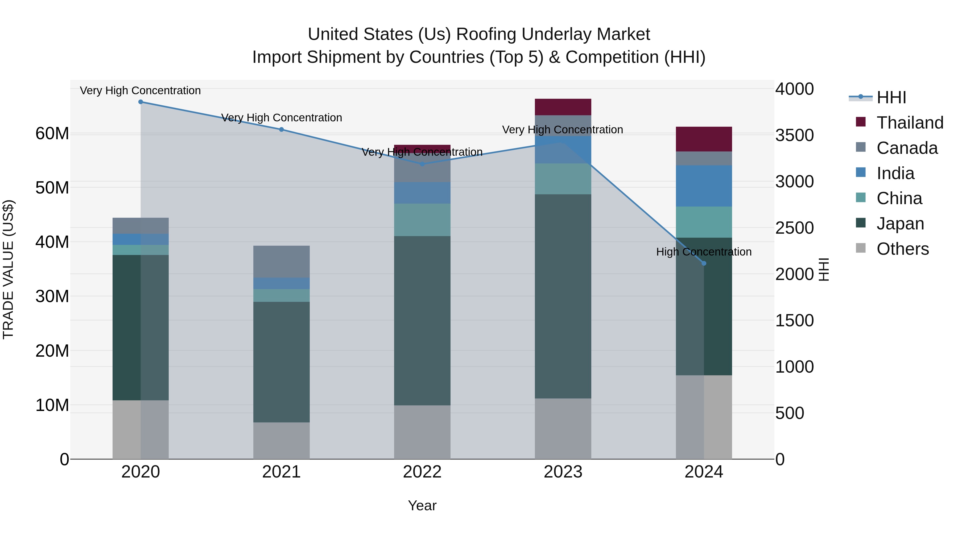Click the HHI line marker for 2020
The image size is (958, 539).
coord(141,102)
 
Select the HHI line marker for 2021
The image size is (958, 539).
coord(282,129)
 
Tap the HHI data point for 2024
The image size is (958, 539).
coord(704,263)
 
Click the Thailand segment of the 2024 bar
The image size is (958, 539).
coord(704,139)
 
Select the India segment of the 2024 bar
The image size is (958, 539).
coord(704,186)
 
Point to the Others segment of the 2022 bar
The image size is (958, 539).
coord(422,432)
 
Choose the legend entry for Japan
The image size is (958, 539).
coord(900,224)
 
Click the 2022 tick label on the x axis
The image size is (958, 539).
coord(422,472)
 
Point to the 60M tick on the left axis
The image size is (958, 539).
coord(52,134)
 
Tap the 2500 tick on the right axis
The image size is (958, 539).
coord(794,228)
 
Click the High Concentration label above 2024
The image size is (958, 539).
coord(704,252)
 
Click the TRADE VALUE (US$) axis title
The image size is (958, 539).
coord(9,269)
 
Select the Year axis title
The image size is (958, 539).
coord(422,505)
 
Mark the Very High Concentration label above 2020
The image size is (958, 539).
coord(140,90)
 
